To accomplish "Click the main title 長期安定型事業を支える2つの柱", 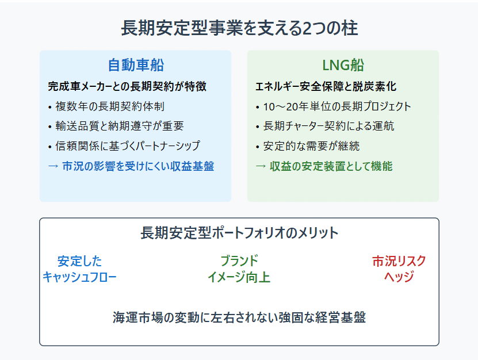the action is [x=239, y=28].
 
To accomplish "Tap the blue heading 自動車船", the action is [x=136, y=65].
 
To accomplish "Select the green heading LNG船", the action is [x=343, y=65].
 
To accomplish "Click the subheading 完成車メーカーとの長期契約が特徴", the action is [x=127, y=87].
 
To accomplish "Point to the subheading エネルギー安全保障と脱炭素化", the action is [x=326, y=87].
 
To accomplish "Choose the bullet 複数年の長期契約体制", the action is [x=110, y=106].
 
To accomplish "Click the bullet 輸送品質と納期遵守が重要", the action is [x=120, y=126].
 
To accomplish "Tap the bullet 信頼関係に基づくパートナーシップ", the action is [x=128, y=145].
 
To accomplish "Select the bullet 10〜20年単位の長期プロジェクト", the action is [x=337, y=106].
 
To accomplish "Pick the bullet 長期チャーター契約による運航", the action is [x=328, y=126].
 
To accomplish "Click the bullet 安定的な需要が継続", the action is [x=311, y=146].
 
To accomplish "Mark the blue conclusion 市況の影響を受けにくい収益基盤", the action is [x=138, y=166].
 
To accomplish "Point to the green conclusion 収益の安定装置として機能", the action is [x=331, y=166].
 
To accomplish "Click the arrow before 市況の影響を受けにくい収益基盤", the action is [x=53, y=166].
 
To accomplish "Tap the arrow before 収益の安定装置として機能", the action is [x=261, y=166].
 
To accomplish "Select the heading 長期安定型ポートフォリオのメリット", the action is [x=239, y=233].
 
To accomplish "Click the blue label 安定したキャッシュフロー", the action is [x=79, y=269].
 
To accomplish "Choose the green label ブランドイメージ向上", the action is [x=239, y=269].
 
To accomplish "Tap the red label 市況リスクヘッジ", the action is [x=399, y=269].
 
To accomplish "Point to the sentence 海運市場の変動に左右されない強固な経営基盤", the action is [x=239, y=317].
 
